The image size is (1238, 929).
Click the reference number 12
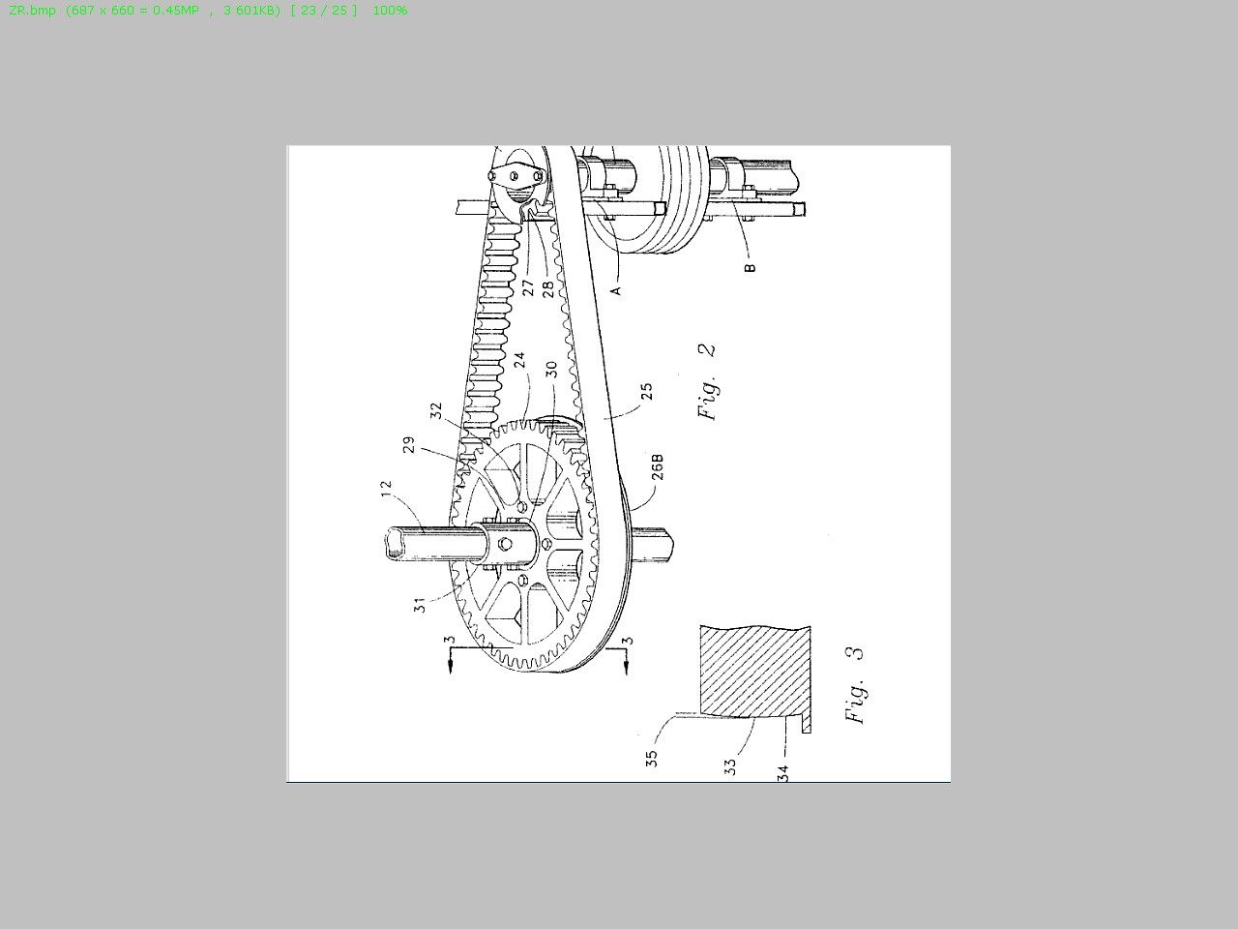pos(386,489)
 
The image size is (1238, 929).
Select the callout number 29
pos(409,444)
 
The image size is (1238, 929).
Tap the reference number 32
pos(436,410)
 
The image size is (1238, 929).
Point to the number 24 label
pos(519,360)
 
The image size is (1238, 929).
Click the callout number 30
pos(551,370)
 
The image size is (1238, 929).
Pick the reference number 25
pos(646,392)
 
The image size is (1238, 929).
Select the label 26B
pos(657,467)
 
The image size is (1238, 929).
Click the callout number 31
pos(420,606)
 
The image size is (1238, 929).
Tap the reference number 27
pos(528,287)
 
